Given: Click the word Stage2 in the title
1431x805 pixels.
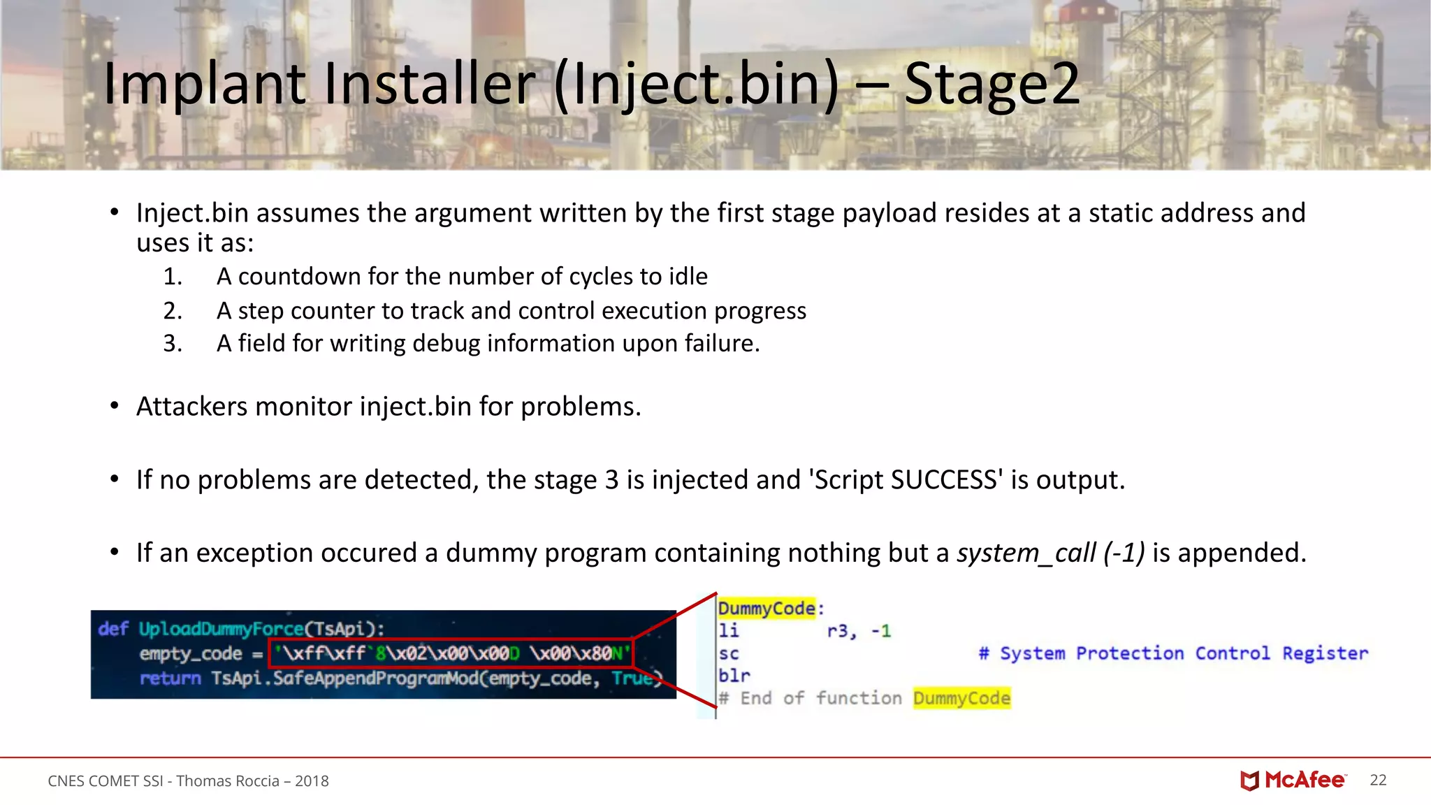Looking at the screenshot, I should pyautogui.click(x=992, y=85).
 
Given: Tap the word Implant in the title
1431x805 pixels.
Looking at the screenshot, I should pyautogui.click(x=204, y=85).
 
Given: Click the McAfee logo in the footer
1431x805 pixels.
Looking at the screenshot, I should pyautogui.click(x=1293, y=780).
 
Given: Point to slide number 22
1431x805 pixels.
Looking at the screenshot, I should pyautogui.click(x=1378, y=780).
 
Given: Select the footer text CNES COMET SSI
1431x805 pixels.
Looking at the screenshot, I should pyautogui.click(x=105, y=781).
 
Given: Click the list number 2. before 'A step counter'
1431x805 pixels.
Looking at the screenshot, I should pyautogui.click(x=173, y=311).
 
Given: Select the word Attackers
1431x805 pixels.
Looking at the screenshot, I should pyautogui.click(x=191, y=407).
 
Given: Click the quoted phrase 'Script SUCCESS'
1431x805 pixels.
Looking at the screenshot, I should pyautogui.click(x=906, y=480).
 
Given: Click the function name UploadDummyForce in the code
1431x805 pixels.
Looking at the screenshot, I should pyautogui.click(x=221, y=629).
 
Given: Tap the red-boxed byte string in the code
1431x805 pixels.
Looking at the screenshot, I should pyautogui.click(x=451, y=653).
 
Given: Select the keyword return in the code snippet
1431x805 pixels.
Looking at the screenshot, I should pyautogui.click(x=170, y=679).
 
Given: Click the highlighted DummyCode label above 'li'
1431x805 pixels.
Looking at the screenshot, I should pyautogui.click(x=767, y=609).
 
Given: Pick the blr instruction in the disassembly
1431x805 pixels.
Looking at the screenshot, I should pyautogui.click(x=734, y=676).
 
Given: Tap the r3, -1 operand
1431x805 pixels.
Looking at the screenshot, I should pyautogui.click(x=859, y=631).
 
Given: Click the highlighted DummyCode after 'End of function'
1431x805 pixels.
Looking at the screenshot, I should pyautogui.click(x=961, y=698).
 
